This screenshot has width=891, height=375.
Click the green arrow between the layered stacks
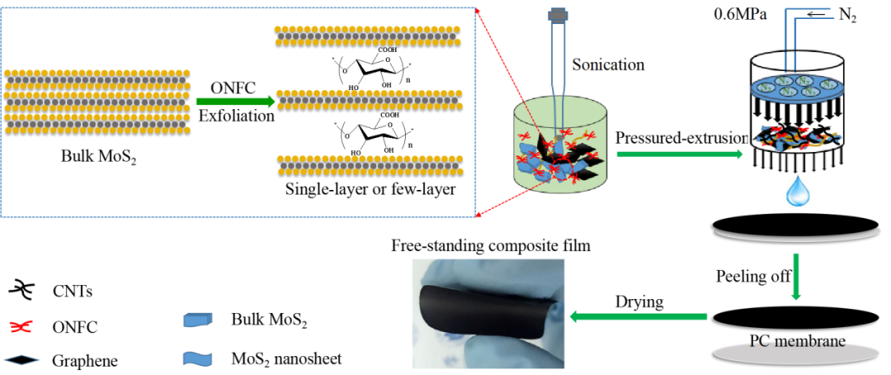[235, 102]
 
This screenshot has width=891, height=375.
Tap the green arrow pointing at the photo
[639, 316]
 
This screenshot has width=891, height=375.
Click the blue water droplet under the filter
[798, 192]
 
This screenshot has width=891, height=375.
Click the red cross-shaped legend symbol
[21, 326]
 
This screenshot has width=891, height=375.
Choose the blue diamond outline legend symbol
[22, 359]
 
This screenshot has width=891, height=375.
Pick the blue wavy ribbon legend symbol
[197, 358]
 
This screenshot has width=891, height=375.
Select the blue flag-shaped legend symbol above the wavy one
[197, 320]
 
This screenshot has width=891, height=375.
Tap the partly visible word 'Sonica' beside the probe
[592, 64]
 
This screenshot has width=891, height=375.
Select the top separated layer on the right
[368, 35]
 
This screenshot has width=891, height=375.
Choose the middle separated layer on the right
[369, 99]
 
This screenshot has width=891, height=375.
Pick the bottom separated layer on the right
[370, 164]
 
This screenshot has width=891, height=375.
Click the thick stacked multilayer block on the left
[97, 102]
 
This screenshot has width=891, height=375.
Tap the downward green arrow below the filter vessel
[796, 277]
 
